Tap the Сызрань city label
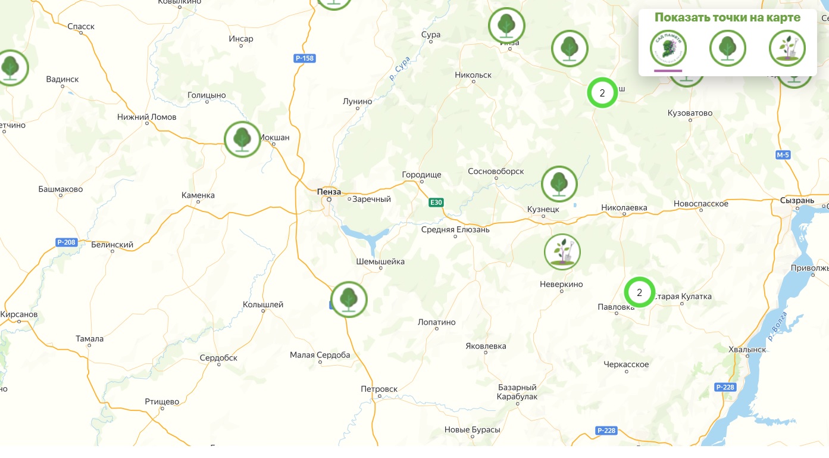click(797, 201)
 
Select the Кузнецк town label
click(543, 210)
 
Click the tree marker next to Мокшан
click(242, 139)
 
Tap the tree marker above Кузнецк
click(559, 183)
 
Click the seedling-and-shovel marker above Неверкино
click(562, 251)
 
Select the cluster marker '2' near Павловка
click(639, 292)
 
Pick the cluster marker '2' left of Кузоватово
click(602, 93)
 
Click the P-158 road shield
click(304, 58)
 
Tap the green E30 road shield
click(436, 202)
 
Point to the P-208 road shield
click(67, 242)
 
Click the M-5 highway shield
click(783, 155)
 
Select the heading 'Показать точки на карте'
click(727, 18)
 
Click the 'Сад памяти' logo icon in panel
click(668, 48)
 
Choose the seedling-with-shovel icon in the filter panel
click(787, 48)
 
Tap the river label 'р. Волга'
click(777, 326)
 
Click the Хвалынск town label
click(746, 350)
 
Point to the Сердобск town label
click(218, 358)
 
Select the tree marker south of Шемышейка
click(349, 299)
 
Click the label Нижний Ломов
click(147, 117)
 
